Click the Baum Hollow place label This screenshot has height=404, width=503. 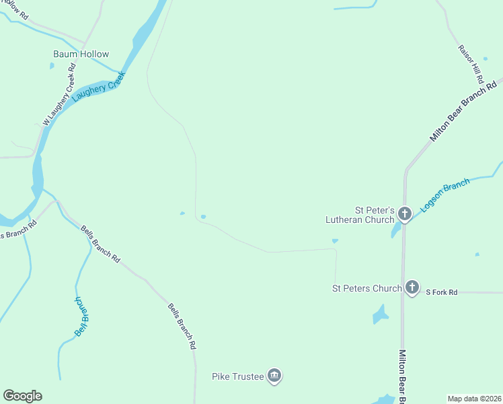pos(81,54)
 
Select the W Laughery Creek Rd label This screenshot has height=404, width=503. pos(59,93)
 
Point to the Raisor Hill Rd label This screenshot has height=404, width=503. pos(469,60)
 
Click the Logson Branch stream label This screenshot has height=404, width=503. pos(445,195)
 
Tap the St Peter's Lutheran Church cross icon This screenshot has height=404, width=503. pos(404,214)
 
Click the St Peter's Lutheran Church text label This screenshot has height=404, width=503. pos(360,214)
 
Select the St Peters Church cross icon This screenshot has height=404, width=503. pos(412,288)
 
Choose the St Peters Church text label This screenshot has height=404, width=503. pos(366,288)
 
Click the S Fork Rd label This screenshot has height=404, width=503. pos(442,292)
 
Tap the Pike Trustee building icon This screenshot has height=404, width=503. pos(274,376)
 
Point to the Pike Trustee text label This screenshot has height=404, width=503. pos(238,376)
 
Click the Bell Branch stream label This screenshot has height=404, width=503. pos(81,316)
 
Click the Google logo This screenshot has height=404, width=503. pos(22,396)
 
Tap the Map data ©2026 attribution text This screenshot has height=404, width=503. pos(475,398)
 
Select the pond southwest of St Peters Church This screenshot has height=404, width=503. pos(380,314)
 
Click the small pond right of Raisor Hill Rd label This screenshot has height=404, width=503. pos(485,59)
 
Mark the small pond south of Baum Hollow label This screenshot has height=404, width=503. pos(51,66)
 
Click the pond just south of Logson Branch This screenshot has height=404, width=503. pos(396,231)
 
